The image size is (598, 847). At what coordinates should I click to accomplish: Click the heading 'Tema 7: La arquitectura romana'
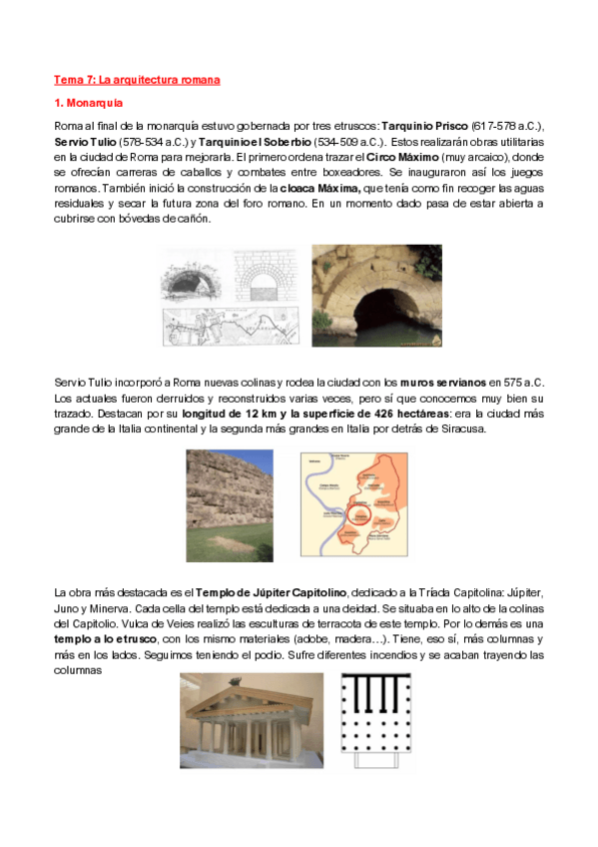pos(136,79)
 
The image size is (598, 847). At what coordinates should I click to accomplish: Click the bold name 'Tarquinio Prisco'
pos(425,127)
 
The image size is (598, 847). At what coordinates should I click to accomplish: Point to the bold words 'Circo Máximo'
pos(405,157)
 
